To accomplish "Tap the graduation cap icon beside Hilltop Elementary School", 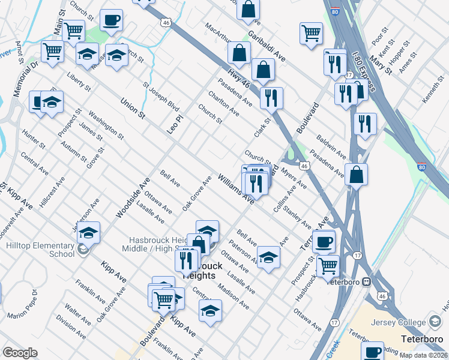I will coord(89,232).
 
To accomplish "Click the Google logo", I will coord(20,353).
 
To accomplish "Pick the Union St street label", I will coord(133,107).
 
